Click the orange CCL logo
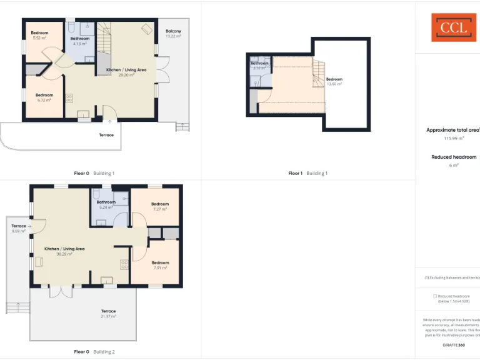453,27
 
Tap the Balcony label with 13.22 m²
173,34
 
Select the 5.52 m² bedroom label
40,36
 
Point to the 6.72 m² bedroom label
44,97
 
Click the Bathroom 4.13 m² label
79,41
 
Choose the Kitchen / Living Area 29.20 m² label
126,72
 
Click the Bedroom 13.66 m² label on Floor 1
334,81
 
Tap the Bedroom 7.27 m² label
160,206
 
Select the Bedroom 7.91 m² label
160,265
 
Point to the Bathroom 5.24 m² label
106,204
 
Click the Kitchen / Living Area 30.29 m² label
64,251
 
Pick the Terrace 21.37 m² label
109,314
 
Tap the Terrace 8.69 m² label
19,228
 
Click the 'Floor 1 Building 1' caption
307,173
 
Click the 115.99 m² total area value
454,138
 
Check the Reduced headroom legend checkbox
435,296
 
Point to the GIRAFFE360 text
454,345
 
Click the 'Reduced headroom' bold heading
454,157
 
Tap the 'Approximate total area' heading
452,130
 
